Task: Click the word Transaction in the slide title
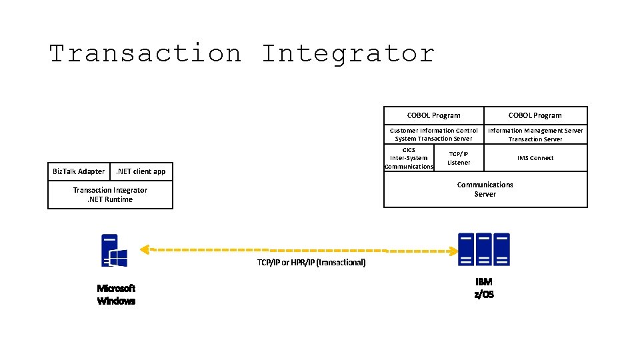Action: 145,53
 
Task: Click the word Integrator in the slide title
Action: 347,53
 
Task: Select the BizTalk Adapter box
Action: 79,172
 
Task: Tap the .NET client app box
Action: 141,172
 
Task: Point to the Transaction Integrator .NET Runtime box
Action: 110,195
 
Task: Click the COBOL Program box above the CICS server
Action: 433,115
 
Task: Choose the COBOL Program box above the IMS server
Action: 535,115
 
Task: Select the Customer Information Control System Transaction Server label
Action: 433,135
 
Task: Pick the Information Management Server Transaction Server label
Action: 535,135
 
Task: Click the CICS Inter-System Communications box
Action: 409,158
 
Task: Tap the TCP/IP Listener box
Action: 459,158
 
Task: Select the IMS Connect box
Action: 535,158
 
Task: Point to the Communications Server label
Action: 485,189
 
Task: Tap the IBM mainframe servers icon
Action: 483,250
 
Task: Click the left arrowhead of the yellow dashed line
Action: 143,250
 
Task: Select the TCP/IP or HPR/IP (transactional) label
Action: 311,263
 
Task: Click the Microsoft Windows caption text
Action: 116,295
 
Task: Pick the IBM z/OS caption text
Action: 484,288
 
